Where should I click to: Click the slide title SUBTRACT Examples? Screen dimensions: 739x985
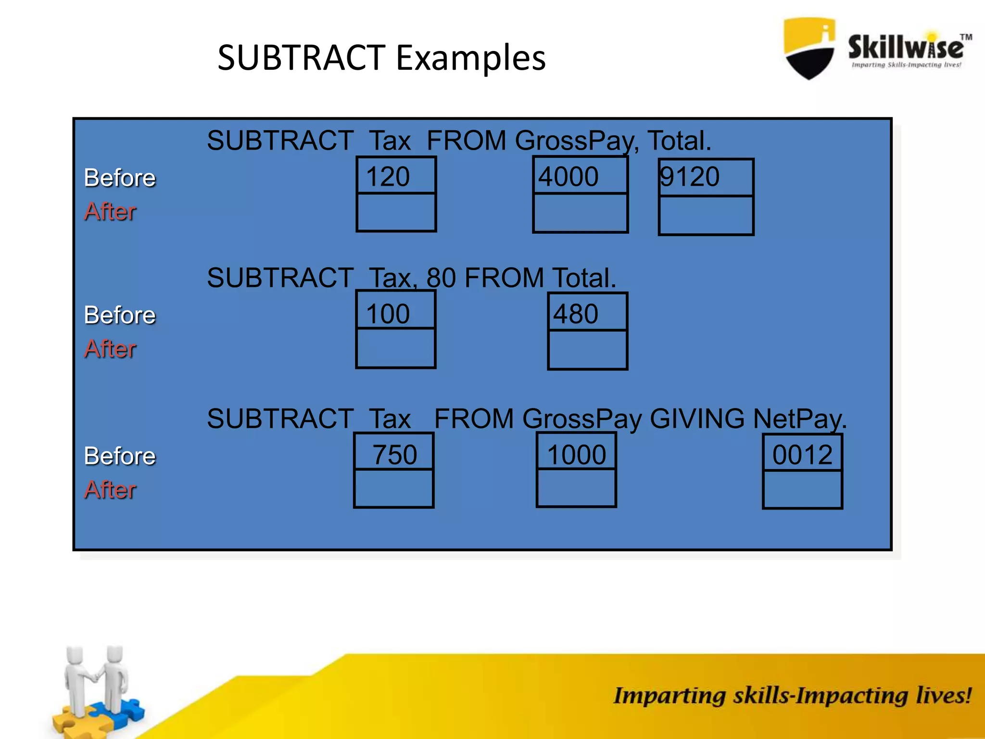[x=381, y=58]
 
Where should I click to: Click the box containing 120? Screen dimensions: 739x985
[x=396, y=176]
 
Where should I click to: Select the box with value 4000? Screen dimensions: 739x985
[x=580, y=176]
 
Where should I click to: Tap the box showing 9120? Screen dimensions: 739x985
[x=706, y=177]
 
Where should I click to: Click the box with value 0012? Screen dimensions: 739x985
[x=802, y=454]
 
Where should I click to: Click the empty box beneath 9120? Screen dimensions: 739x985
[x=706, y=215]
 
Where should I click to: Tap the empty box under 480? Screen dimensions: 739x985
[x=587, y=349]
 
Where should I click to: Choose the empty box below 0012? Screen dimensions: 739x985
[x=802, y=489]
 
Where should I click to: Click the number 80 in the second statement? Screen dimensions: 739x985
[x=441, y=278]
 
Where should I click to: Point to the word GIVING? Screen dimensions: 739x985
[x=696, y=419]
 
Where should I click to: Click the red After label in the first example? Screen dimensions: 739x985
[x=110, y=212]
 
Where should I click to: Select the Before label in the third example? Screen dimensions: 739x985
[x=120, y=456]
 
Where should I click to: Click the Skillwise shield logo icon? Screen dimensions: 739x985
[x=809, y=48]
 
